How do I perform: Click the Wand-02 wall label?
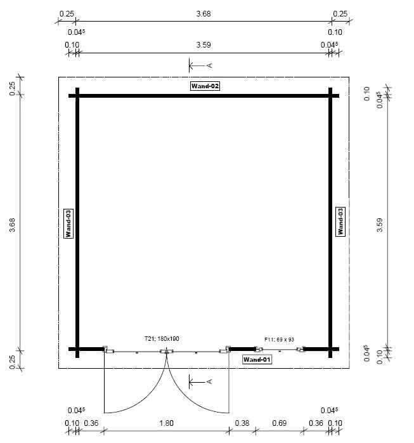click(205, 86)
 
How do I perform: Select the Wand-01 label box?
click(257, 359)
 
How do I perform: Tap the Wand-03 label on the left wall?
click(68, 223)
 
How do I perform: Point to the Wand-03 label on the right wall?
click(340, 221)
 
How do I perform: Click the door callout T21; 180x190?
click(162, 339)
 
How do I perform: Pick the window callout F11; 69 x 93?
click(280, 340)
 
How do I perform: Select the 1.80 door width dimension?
click(165, 423)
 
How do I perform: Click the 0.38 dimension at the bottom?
click(241, 423)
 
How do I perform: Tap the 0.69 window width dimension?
click(279, 423)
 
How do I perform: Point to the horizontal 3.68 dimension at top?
click(204, 13)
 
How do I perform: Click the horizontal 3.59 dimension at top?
click(203, 45)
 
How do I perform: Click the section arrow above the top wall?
click(200, 65)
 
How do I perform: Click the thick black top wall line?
click(204, 96)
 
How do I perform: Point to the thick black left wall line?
click(77, 222)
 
